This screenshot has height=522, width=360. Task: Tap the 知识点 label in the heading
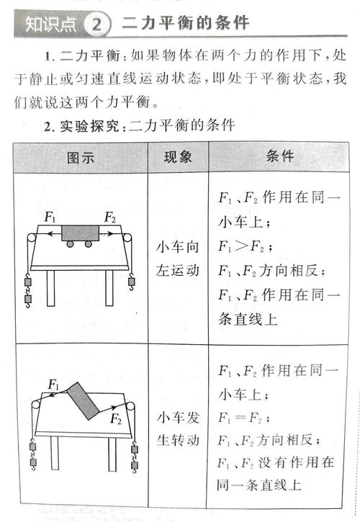coord(50,24)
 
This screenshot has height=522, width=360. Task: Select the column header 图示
coord(80,157)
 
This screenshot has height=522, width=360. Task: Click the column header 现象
coord(178,157)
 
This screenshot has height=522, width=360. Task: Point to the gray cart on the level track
coord(79,233)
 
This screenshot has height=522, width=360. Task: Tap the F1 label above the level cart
coord(51,216)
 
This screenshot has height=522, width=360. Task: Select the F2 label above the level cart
coord(110,216)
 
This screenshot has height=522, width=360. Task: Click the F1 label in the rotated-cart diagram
coord(53,385)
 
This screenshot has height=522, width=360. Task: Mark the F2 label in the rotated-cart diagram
coord(116,420)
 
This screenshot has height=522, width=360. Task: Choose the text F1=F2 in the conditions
coord(240,417)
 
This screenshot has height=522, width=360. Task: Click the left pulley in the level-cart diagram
coord(31,238)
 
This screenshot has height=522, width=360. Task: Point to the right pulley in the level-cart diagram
coord(128,238)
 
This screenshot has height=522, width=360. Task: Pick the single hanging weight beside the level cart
coord(131,282)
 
